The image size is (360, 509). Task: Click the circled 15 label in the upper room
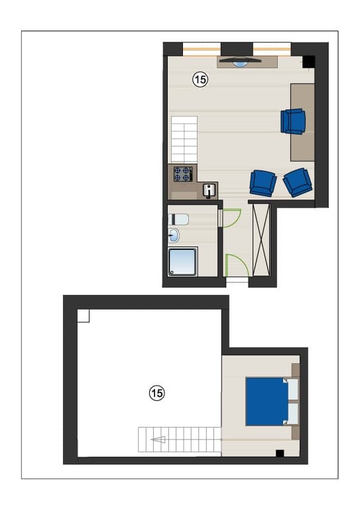(x=200, y=80)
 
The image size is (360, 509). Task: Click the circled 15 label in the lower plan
(x=156, y=393)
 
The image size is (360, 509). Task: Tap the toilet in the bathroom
(x=178, y=219)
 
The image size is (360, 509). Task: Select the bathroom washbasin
(x=174, y=235)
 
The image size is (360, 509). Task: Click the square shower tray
(x=182, y=262)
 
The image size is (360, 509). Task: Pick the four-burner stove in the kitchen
(x=183, y=174)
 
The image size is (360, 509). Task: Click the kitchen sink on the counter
(x=210, y=190)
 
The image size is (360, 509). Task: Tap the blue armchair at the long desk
(x=293, y=121)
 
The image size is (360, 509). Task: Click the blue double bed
(x=267, y=401)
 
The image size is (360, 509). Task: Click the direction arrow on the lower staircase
(x=158, y=440)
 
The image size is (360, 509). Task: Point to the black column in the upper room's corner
(x=309, y=62)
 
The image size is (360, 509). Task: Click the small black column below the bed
(x=280, y=453)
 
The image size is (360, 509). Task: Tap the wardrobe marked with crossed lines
(x=261, y=240)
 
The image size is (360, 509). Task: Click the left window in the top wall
(x=202, y=49)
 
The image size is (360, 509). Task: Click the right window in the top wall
(x=272, y=49)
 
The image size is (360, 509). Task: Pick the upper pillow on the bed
(x=293, y=389)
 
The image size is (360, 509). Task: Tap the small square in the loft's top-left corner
(x=83, y=316)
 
